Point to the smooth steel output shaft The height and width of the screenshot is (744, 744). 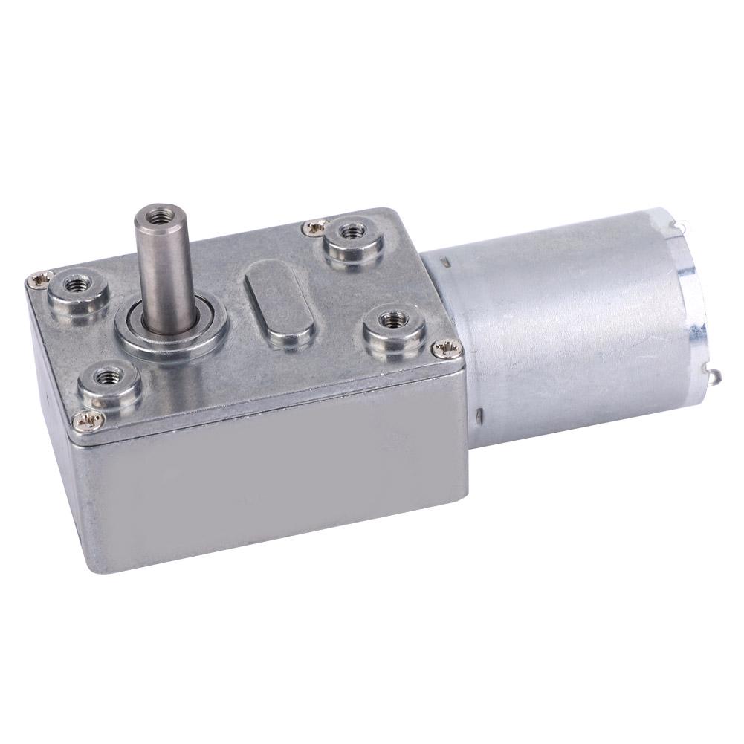[x=158, y=275]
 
